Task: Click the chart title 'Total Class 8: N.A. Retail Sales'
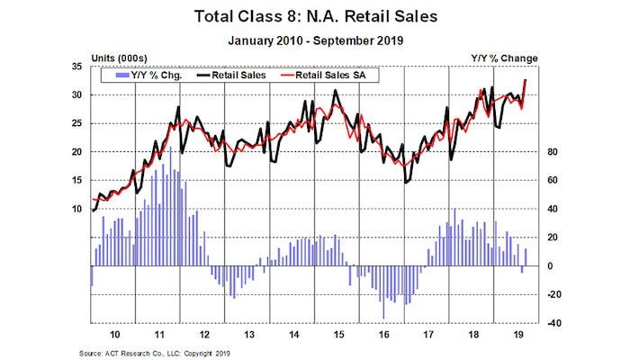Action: pyautogui.click(x=315, y=15)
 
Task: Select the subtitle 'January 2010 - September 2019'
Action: pyautogui.click(x=315, y=40)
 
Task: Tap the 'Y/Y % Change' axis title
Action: pyautogui.click(x=504, y=58)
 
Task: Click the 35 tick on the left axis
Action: pyautogui.click(x=76, y=67)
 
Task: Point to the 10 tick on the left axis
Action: pyautogui.click(x=76, y=209)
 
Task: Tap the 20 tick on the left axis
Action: pyautogui.click(x=76, y=152)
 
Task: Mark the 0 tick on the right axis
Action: pyautogui.click(x=552, y=266)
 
